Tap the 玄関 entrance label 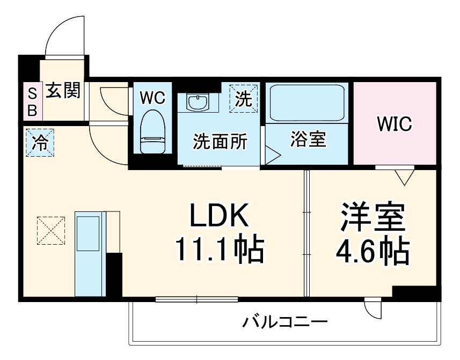click(62, 91)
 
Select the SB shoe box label click(32, 102)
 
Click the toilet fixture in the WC click(153, 131)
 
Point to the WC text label click(152, 98)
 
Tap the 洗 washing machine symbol click(244, 98)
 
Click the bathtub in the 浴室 click(306, 103)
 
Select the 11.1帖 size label click(218, 249)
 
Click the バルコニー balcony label click(284, 322)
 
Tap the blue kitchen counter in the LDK click(88, 252)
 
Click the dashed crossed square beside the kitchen click(51, 230)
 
